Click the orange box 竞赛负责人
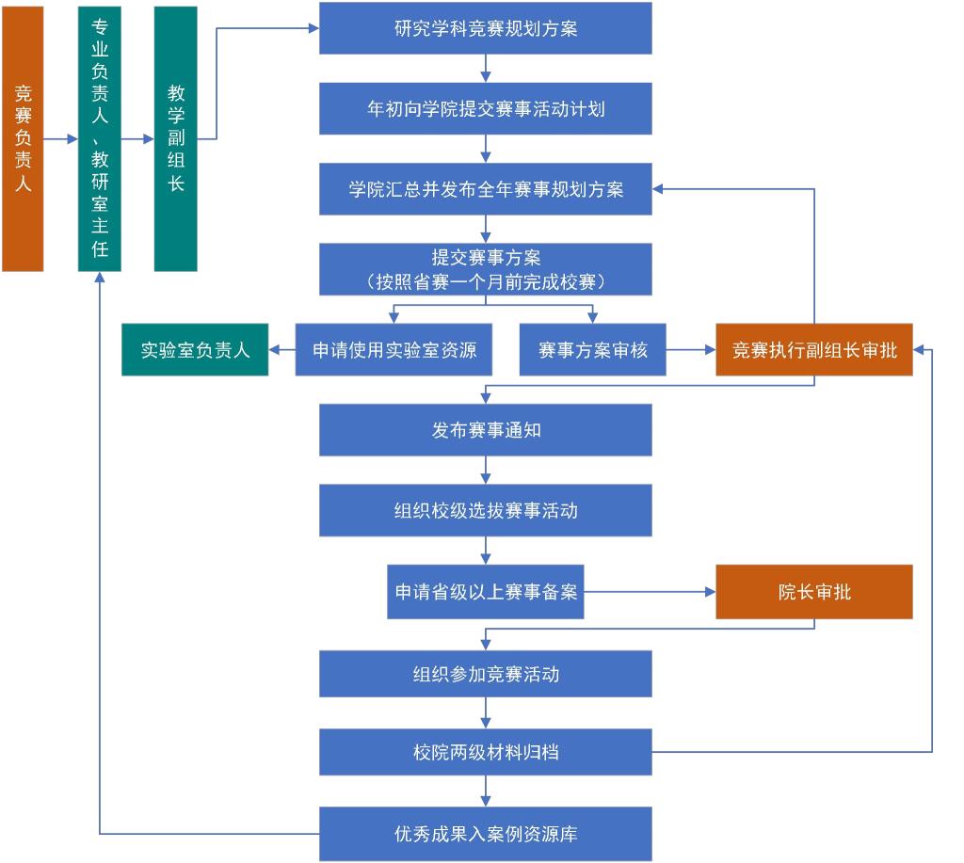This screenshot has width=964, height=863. point(23,139)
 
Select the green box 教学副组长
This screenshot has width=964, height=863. point(176,139)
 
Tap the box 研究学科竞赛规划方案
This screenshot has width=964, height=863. point(486,28)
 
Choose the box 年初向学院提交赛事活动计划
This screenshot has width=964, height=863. point(486,109)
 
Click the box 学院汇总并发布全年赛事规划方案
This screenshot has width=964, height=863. point(486,189)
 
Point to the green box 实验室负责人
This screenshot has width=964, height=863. point(195,350)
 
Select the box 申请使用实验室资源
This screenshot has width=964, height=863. point(394,350)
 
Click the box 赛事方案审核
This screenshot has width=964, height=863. point(593,350)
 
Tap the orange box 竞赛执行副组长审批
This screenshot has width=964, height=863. point(814,350)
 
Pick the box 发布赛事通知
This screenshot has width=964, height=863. point(486,430)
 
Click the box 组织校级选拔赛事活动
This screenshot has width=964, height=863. point(486,511)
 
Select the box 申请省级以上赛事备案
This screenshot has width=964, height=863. point(486,592)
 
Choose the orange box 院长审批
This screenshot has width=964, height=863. point(814,592)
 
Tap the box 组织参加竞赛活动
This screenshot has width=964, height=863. point(486,674)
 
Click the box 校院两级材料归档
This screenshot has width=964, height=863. point(486,752)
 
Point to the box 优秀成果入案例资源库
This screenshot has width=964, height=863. point(486,834)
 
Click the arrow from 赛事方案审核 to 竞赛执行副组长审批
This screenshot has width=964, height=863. point(691,350)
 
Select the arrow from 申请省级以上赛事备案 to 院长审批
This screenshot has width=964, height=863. point(650,592)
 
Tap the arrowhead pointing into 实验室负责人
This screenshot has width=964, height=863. point(274,350)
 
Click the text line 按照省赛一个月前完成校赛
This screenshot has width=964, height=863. point(486,282)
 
